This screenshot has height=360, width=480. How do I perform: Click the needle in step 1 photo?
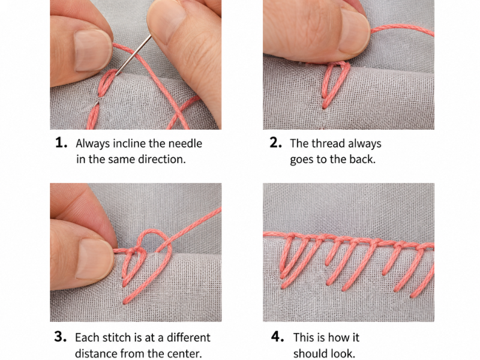133,55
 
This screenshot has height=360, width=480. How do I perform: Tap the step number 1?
61,143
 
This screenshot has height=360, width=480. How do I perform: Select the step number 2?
275,143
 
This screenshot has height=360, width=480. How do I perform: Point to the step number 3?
61,337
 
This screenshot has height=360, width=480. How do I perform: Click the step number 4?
277,337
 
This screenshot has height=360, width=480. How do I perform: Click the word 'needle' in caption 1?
185,143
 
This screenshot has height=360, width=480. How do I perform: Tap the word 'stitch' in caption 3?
116,337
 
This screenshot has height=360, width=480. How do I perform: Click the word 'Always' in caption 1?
93,144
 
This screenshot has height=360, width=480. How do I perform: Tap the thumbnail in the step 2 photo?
354,32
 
